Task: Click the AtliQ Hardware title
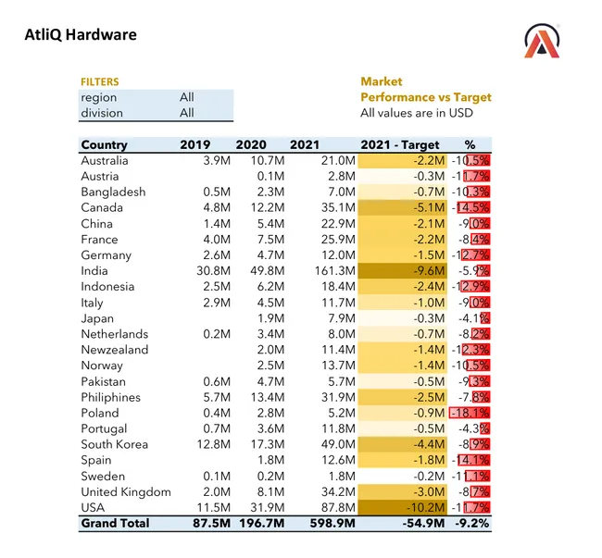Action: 81,35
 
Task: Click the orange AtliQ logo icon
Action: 542,42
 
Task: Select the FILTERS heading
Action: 100,81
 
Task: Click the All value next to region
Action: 187,97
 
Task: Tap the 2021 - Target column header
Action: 400,144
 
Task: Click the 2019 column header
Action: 195,144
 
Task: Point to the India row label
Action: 94,270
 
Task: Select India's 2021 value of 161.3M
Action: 335,270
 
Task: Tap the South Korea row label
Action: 115,444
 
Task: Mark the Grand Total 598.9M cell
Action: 331,523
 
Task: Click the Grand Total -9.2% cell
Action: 470,523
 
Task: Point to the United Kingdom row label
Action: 126,491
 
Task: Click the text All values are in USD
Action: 417,113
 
